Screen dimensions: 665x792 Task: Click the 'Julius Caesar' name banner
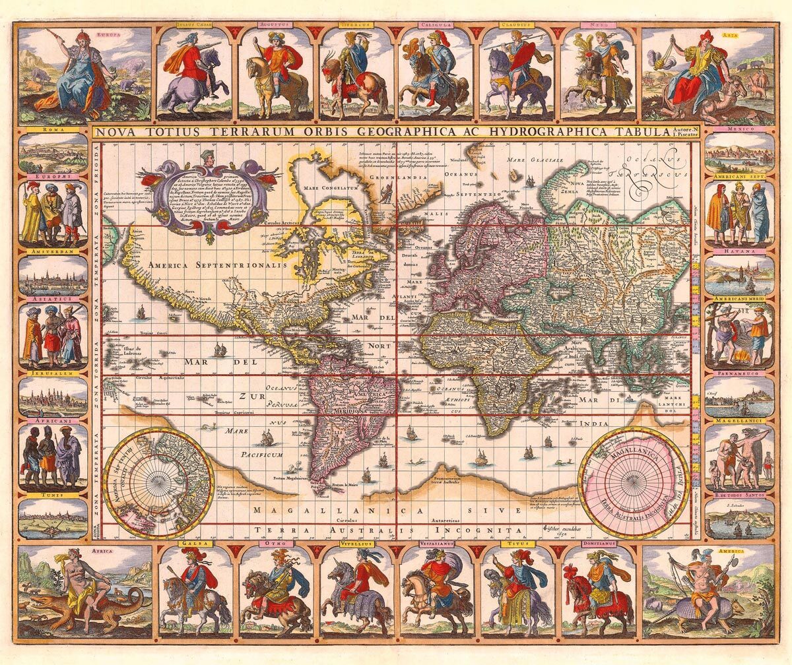click(x=193, y=25)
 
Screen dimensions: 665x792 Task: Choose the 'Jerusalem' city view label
click(x=52, y=373)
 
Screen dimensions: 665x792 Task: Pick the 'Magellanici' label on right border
click(x=737, y=420)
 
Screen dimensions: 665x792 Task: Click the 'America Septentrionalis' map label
click(x=218, y=265)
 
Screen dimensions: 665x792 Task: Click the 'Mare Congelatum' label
click(x=330, y=188)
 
